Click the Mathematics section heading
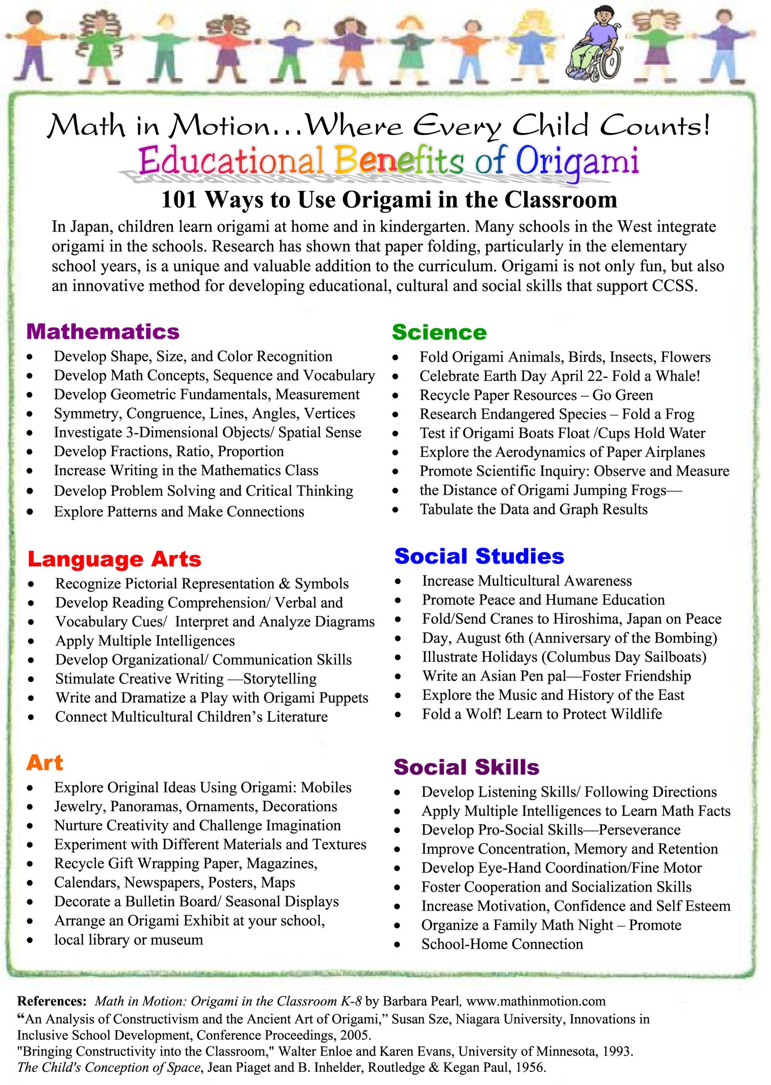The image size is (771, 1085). point(103,332)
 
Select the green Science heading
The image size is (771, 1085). point(439,332)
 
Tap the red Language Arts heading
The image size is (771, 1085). point(114,559)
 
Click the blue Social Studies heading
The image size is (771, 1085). point(479,556)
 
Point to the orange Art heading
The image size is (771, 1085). point(45,763)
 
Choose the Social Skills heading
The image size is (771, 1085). point(466,767)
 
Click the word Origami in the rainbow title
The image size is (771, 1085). point(577,161)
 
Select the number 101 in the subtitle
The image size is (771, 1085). point(179,200)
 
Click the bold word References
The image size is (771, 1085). point(52,1001)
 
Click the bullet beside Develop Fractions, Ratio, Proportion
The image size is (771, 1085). point(30,452)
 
